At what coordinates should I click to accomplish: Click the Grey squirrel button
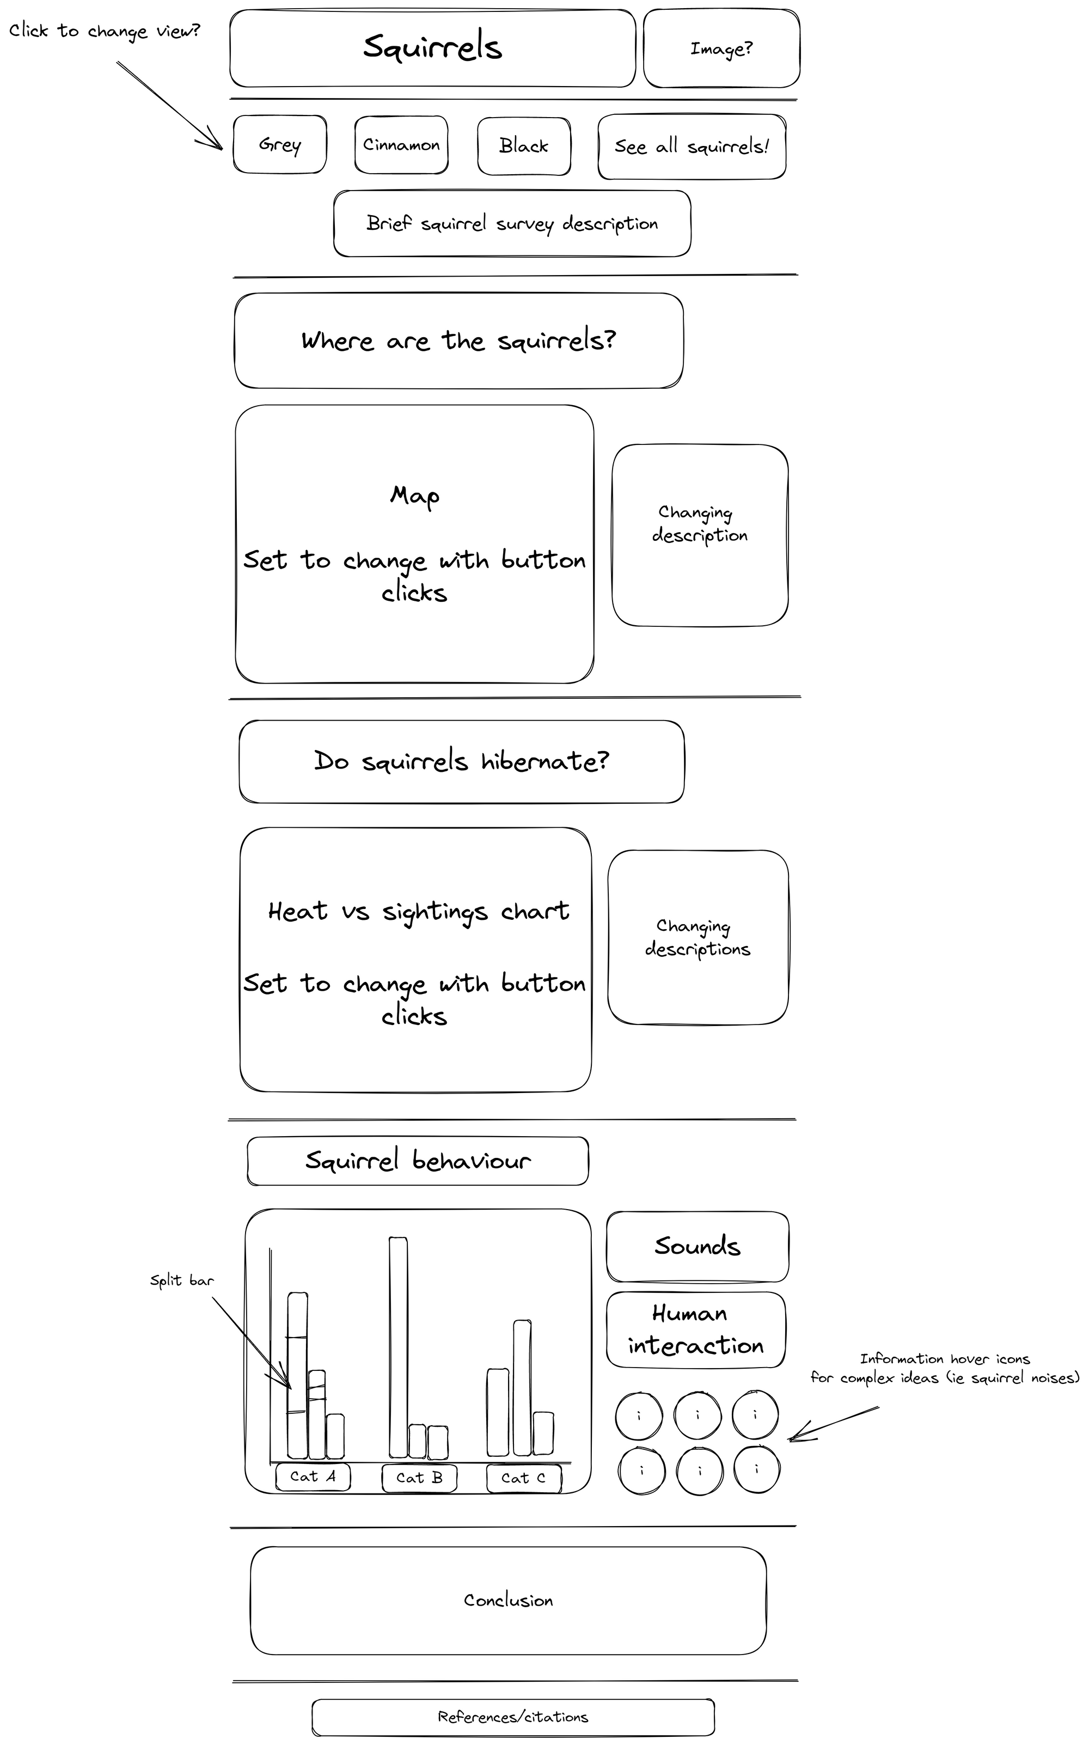click(279, 145)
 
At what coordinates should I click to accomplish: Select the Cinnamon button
click(401, 145)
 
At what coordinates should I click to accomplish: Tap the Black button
click(524, 145)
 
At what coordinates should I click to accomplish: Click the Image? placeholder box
click(721, 48)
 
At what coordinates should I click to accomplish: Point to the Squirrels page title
click(432, 47)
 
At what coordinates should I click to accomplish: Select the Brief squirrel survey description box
click(512, 223)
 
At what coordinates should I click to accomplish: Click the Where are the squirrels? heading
click(459, 340)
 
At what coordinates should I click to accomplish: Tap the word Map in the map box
click(415, 496)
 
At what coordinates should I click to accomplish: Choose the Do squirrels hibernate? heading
click(462, 761)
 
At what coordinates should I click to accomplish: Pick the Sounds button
click(697, 1247)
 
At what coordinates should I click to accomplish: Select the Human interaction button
click(696, 1330)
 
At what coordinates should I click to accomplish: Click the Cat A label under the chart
click(313, 1476)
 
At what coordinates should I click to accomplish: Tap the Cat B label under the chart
click(419, 1478)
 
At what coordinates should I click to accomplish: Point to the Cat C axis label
click(524, 1478)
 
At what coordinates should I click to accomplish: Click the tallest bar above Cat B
click(398, 1347)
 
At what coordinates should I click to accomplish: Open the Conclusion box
click(509, 1600)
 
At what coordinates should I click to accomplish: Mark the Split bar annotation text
click(181, 1280)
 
